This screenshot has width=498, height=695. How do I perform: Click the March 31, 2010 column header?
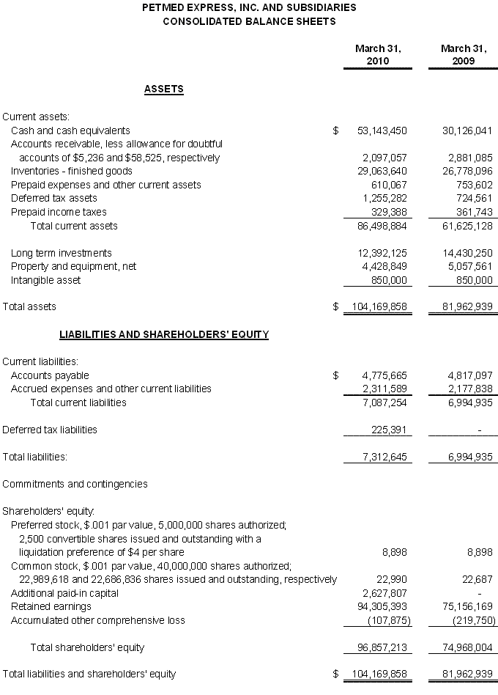click(378, 55)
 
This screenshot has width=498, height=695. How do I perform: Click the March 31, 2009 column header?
click(463, 55)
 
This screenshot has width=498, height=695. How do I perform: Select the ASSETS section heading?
click(164, 89)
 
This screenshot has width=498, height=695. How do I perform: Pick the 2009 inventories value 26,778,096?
click(467, 171)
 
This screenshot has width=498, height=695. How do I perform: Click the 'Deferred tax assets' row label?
click(54, 198)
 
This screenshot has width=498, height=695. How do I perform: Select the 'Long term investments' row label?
click(62, 253)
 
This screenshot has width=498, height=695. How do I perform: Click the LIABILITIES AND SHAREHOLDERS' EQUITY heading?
click(164, 334)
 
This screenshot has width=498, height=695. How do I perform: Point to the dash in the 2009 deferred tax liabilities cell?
click(479, 430)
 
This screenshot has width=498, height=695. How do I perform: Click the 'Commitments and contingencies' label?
click(75, 484)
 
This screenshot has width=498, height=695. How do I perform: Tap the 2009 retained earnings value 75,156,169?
click(467, 606)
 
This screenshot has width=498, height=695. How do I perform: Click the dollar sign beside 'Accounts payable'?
click(335, 375)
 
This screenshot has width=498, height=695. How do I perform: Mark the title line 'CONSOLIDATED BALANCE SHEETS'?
click(249, 21)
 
